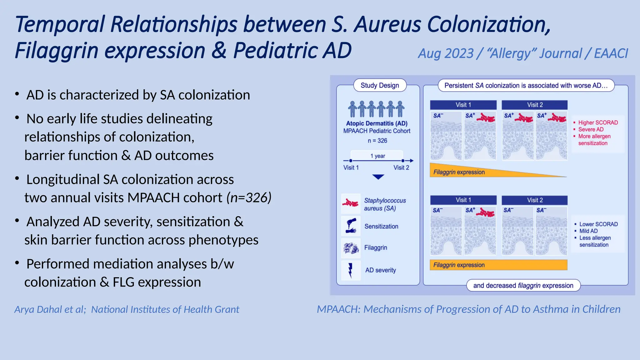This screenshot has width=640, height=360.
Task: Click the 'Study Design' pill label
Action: (x=380, y=85)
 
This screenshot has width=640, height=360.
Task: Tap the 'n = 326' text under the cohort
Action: (x=377, y=141)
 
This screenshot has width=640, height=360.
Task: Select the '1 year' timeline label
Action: (x=377, y=156)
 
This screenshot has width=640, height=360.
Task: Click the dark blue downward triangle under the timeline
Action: (x=378, y=177)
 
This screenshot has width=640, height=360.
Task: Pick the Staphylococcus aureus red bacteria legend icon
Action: (x=351, y=204)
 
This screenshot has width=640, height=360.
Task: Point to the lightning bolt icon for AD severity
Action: (x=350, y=270)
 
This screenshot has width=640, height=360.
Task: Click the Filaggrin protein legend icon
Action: (x=351, y=248)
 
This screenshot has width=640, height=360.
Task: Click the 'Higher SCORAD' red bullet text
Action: (x=598, y=122)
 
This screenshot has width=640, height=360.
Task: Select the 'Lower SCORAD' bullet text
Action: (x=598, y=224)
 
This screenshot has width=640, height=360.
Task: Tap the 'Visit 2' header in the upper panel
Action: (x=535, y=105)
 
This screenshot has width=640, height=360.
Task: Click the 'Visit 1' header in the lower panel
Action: (x=463, y=200)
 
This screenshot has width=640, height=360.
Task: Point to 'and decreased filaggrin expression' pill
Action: (x=523, y=285)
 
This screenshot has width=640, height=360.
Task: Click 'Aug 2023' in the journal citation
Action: (x=446, y=53)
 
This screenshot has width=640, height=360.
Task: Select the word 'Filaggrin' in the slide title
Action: (x=56, y=51)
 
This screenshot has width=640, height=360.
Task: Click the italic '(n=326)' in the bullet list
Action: (x=249, y=197)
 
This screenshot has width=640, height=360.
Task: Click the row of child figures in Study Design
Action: (x=376, y=109)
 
